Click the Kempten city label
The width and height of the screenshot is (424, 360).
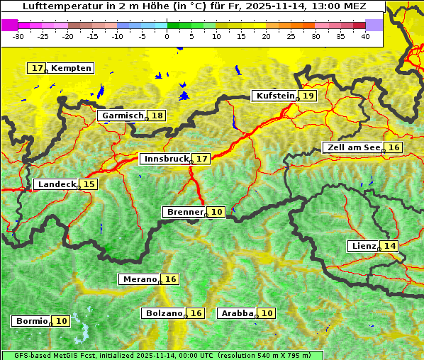72,68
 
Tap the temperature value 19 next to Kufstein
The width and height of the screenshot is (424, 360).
308,96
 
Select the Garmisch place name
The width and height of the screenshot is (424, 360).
123,116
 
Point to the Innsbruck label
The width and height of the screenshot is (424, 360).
165,159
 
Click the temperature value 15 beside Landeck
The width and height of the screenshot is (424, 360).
89,184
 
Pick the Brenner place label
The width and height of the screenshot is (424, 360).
184,212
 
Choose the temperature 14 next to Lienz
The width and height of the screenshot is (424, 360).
390,246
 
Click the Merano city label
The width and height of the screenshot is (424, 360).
138,279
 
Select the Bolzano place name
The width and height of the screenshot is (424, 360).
164,313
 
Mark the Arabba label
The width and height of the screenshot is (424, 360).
237,313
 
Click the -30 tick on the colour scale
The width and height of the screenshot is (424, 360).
18,35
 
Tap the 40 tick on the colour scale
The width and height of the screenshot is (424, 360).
365,35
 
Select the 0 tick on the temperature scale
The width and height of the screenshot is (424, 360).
167,35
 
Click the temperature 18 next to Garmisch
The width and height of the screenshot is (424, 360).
157,116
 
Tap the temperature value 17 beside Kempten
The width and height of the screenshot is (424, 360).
38,68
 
